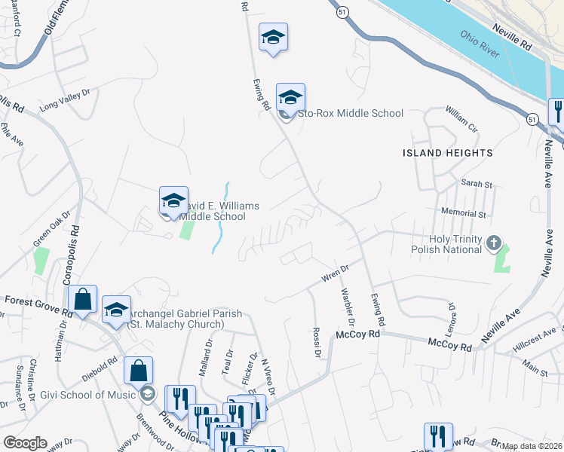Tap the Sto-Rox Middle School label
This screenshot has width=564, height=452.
point(351,114)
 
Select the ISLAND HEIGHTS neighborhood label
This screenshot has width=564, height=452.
point(447,153)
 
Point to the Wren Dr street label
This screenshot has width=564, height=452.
point(336,271)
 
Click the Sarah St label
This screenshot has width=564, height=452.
point(476,184)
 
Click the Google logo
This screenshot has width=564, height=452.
point(25,443)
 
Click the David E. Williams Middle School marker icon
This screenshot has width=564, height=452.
point(173,202)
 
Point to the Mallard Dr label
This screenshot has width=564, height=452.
point(206,353)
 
